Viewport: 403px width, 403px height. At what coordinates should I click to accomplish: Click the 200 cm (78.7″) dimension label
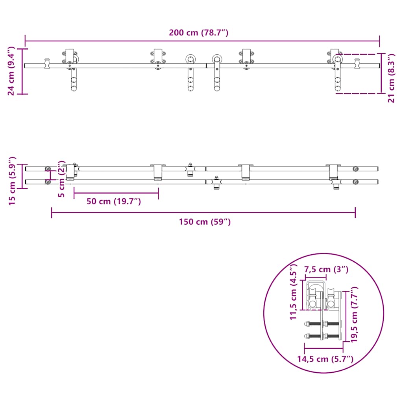click(x=198, y=33)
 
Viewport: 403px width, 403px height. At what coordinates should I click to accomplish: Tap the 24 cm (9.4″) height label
click(x=11, y=71)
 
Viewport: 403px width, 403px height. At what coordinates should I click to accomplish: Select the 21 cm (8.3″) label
click(x=391, y=78)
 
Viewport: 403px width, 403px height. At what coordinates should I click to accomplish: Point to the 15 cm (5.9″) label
click(x=12, y=181)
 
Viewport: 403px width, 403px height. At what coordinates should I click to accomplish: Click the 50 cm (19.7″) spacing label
click(x=114, y=201)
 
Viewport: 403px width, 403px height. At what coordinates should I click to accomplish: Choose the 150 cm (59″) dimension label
click(x=205, y=222)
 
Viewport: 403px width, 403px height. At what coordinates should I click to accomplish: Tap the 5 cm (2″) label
click(x=61, y=179)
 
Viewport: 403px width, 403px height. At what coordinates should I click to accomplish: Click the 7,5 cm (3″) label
click(x=326, y=269)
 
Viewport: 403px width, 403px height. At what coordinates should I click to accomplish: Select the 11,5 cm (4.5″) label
click(x=293, y=292)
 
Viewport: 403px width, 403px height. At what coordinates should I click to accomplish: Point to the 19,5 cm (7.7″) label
click(x=354, y=314)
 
